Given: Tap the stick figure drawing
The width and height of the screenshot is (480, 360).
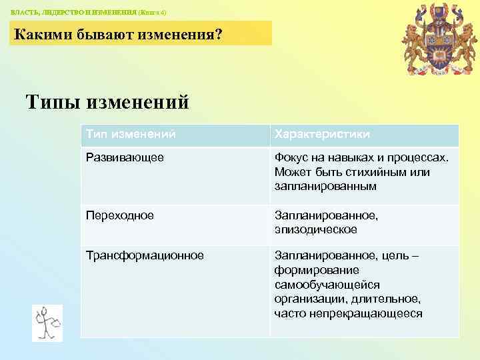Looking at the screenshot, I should point(47,323).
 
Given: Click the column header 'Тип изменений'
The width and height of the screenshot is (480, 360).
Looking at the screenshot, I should point(131,135).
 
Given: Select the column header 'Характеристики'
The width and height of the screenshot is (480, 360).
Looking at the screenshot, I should point(321,135).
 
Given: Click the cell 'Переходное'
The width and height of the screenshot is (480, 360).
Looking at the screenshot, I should point(120,215).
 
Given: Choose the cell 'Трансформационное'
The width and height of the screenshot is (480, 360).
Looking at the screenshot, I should point(145,255).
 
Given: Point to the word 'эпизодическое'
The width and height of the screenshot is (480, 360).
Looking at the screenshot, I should point(315,229).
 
